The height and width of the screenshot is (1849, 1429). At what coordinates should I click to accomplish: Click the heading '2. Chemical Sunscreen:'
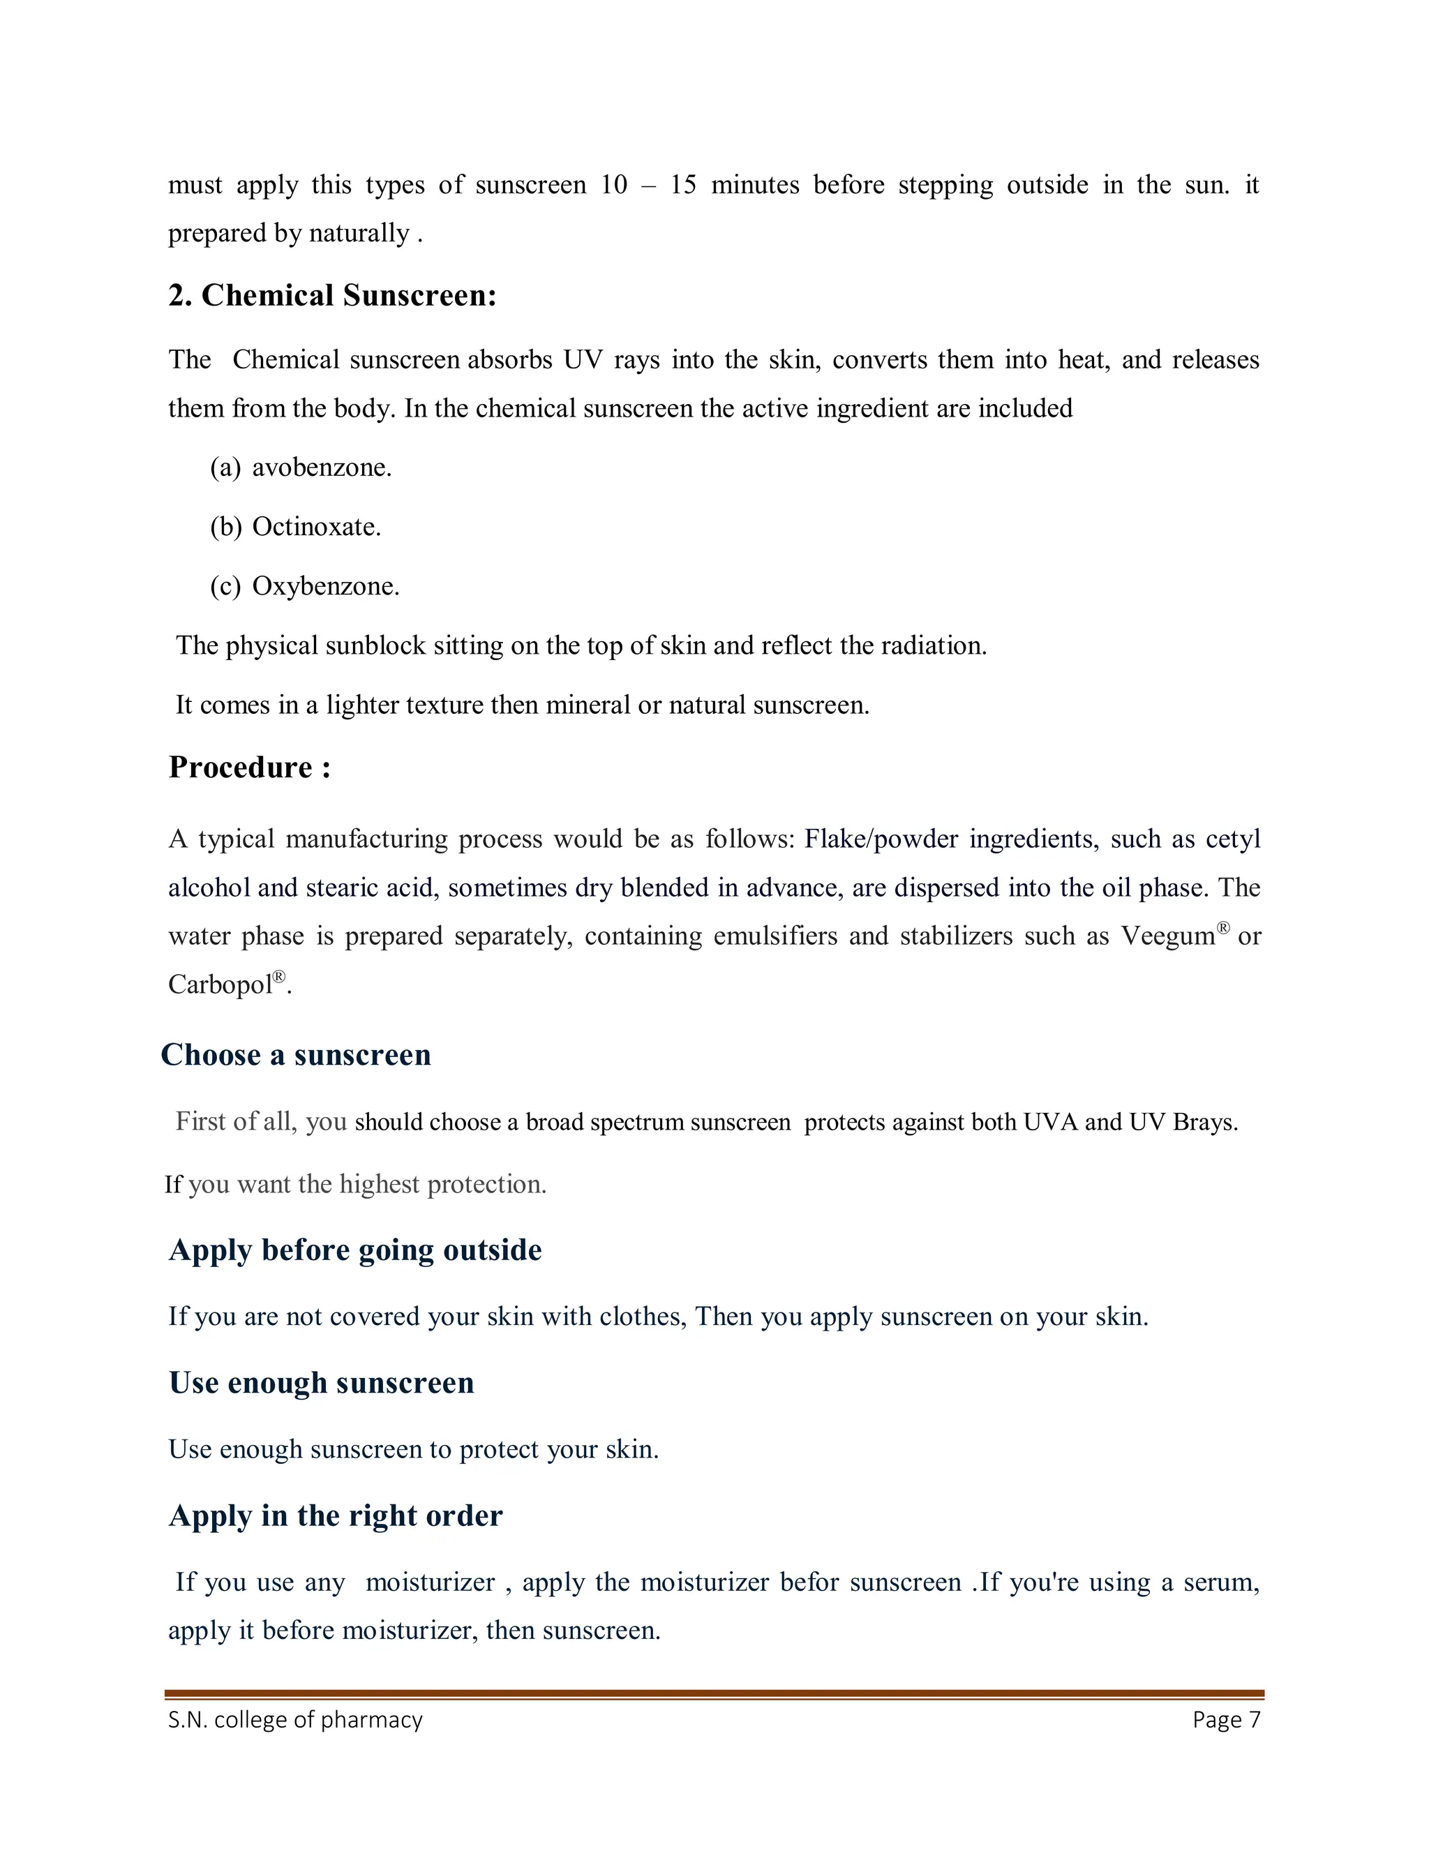pos(332,295)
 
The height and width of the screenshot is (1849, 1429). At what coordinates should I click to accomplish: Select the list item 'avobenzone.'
pos(322,467)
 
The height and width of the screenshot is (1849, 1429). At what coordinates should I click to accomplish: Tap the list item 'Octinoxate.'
pos(317,527)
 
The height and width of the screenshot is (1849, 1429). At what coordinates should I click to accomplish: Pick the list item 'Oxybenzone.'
pos(326,586)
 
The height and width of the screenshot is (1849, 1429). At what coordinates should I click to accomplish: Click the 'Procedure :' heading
pos(250,767)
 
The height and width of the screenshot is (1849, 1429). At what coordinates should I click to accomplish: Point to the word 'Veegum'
pos(1168,936)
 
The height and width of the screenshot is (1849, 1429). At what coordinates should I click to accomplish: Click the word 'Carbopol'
pos(220,985)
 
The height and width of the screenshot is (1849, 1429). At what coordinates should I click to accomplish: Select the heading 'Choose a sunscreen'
pos(297,1055)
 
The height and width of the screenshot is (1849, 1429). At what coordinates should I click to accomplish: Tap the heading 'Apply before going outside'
pos(356,1250)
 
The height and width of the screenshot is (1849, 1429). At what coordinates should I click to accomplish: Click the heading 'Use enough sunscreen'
pos(322,1382)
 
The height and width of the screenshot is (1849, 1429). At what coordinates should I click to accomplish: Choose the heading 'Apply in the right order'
pos(336,1515)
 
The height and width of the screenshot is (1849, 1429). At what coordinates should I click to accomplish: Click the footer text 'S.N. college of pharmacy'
pos(295,1719)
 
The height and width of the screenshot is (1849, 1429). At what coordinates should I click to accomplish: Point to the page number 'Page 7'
pos(1226,1719)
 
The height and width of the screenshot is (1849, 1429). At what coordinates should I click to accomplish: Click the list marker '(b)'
pos(226,527)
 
